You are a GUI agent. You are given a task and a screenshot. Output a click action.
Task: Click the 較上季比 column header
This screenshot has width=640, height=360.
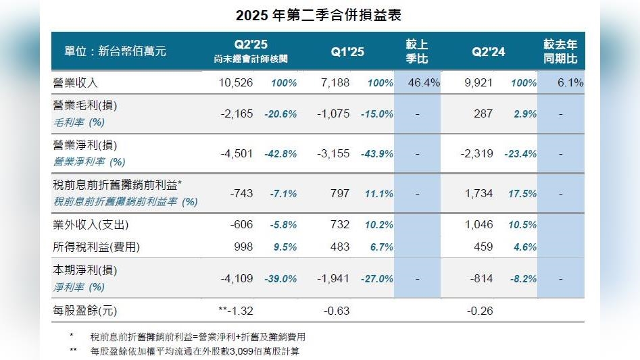click(x=417, y=51)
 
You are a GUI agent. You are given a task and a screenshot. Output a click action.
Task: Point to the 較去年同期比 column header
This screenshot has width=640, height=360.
click(x=561, y=51)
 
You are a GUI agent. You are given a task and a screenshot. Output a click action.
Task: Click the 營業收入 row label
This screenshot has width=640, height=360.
click(x=76, y=83)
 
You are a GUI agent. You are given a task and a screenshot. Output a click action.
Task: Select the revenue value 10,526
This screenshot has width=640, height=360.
click(x=237, y=83)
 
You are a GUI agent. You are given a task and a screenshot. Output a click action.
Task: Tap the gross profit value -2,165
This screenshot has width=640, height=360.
click(x=237, y=114)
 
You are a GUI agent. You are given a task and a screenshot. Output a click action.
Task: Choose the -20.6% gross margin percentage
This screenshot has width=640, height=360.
click(x=280, y=114)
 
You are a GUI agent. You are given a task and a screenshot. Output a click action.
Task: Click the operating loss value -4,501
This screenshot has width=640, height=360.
click(x=237, y=153)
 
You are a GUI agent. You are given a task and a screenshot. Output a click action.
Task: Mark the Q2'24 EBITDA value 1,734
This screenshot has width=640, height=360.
click(x=479, y=193)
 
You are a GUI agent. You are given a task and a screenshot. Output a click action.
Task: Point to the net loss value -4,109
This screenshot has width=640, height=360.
click(x=237, y=278)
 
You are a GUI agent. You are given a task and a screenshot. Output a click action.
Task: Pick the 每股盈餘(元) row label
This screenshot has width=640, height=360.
click(x=84, y=311)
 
